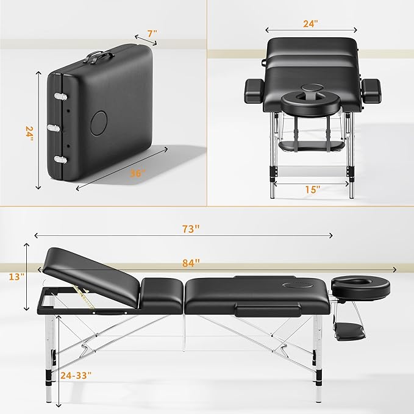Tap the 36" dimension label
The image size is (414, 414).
click(138, 173)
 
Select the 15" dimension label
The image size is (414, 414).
click(312, 189)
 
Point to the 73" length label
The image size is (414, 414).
click(191, 229)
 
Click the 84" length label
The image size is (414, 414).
click(191, 263)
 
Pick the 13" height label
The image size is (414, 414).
click(16, 276)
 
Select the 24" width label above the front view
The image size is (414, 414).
click(311, 24)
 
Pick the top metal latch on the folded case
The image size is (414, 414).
click(60, 97)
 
